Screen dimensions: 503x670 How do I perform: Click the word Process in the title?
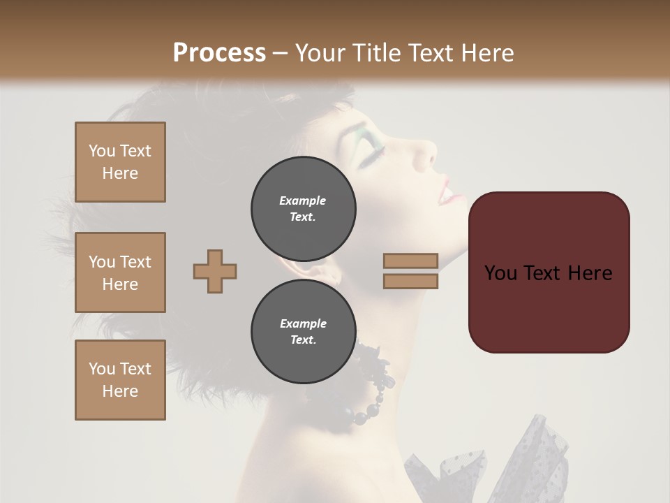coord(219,52)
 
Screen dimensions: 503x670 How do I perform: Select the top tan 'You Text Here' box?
coord(120,162)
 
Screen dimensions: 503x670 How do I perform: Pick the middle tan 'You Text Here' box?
coord(120,272)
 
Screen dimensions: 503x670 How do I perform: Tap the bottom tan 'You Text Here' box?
coord(120,380)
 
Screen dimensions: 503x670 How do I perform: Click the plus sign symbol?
coord(215,271)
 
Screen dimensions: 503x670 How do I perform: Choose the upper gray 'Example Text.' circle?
coord(304,209)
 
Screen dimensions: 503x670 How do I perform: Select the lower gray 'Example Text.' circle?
coord(304,332)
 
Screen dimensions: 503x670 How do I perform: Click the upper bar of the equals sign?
coord(410,261)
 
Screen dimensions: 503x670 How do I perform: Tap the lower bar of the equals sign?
coord(410,281)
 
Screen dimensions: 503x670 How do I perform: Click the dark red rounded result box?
coord(549,272)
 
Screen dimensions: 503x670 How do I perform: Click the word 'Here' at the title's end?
coord(489,52)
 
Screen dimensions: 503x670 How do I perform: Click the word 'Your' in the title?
coord(318,52)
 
